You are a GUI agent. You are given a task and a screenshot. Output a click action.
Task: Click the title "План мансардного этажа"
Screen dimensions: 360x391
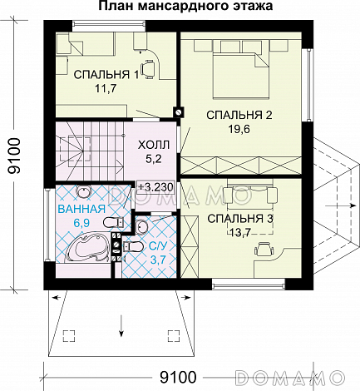[x=185, y=6]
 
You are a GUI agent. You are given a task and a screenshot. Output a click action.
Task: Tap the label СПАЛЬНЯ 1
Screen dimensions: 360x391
[x=106, y=74]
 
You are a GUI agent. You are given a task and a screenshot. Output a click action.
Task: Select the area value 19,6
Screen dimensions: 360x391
[x=239, y=129]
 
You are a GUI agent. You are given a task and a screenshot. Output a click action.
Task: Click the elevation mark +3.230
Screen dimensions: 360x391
[x=155, y=187]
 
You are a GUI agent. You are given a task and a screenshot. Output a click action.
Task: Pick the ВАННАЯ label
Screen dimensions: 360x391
[x=81, y=209]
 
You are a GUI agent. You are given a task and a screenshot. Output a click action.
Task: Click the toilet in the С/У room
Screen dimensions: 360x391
[x=132, y=246]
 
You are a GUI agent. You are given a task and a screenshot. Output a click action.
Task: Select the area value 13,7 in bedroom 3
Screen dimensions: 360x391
[x=240, y=232]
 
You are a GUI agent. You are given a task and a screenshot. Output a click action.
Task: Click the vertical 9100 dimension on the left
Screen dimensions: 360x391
[x=14, y=156]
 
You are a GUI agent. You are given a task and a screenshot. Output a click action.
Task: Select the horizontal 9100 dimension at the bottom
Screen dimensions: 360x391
[x=178, y=377]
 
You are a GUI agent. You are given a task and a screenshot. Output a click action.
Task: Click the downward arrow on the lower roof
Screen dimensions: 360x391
[x=121, y=326]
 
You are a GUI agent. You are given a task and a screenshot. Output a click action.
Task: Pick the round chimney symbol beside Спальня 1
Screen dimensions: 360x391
[x=179, y=112]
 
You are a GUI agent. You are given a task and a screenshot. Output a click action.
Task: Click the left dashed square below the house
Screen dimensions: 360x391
[x=69, y=336]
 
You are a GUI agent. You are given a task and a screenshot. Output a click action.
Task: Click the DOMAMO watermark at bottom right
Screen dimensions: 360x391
[x=289, y=377]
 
